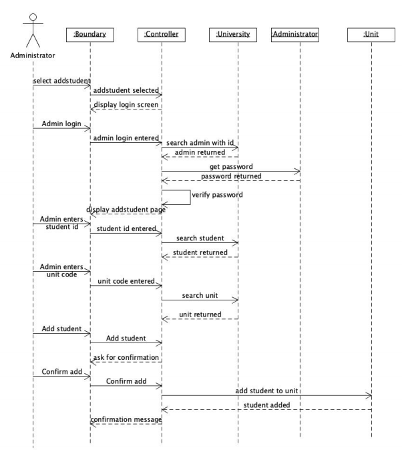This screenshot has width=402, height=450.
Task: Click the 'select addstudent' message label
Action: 61,81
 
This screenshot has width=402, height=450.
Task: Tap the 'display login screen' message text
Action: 126,104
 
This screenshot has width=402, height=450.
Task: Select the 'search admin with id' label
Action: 199,143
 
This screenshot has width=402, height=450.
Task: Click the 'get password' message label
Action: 230,166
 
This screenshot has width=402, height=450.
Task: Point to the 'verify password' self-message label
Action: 216,196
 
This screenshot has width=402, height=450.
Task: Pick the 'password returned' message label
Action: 230,176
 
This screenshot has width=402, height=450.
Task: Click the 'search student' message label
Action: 200,238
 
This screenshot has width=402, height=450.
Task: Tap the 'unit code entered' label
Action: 126,281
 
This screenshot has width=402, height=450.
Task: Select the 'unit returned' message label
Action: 200,314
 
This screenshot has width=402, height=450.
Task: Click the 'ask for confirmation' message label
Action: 126,358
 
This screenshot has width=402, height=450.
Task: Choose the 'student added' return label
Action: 266,405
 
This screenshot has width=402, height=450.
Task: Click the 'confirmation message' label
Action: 126,419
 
